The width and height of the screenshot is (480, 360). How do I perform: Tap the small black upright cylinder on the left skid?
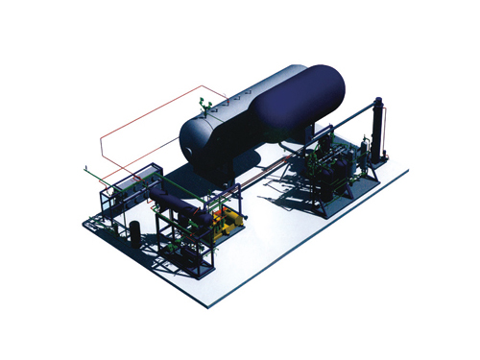click(136, 230)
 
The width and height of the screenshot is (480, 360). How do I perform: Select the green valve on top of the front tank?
click(202, 104)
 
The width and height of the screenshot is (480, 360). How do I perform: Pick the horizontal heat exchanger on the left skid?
click(173, 201)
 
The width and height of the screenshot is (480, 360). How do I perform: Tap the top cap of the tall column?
click(378, 101)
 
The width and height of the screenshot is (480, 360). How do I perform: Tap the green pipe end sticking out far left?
click(84, 172)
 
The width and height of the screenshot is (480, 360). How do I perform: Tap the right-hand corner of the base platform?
click(409, 174)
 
